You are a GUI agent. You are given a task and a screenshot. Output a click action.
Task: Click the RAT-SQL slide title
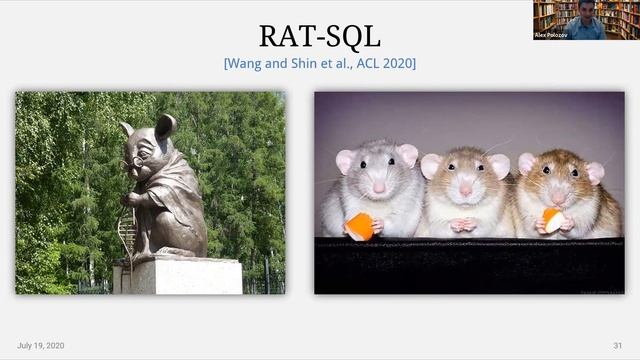tap(319, 36)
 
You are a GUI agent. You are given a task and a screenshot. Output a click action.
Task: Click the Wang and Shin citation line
tap(319, 63)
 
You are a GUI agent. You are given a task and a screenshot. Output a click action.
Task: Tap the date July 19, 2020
tap(40, 345)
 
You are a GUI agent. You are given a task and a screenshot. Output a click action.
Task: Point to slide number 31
tap(617, 345)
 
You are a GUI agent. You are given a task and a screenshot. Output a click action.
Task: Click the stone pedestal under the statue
tap(177, 275)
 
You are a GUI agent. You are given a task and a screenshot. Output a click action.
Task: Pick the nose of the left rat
tap(379, 187)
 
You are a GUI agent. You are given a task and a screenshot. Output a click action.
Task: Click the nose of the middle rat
tap(465, 190)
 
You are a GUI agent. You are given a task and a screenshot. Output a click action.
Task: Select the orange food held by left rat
tap(360, 227)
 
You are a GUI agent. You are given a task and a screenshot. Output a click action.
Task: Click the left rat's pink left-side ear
tap(346, 160)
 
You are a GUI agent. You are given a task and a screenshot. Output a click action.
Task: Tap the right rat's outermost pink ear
tap(594, 172)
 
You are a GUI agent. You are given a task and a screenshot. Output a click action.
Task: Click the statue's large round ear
tap(165, 126)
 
